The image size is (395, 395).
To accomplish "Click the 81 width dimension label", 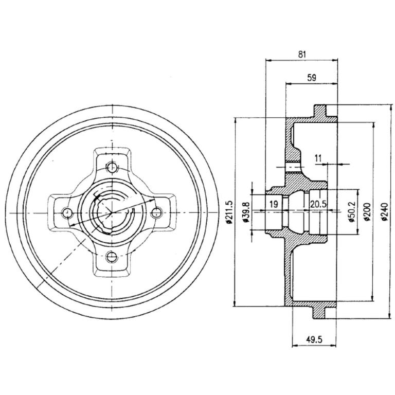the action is pyautogui.click(x=302, y=54).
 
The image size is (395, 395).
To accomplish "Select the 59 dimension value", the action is pyautogui.click(x=312, y=78).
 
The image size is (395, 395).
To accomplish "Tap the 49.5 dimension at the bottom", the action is pyautogui.click(x=314, y=340).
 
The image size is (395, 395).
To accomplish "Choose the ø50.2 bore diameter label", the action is pyautogui.click(x=351, y=211).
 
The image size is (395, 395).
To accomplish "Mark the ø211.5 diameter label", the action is pyautogui.click(x=229, y=212).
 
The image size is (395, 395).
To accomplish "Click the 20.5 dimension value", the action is pyautogui.click(x=318, y=204).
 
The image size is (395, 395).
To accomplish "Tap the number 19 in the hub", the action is pyautogui.click(x=274, y=204).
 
